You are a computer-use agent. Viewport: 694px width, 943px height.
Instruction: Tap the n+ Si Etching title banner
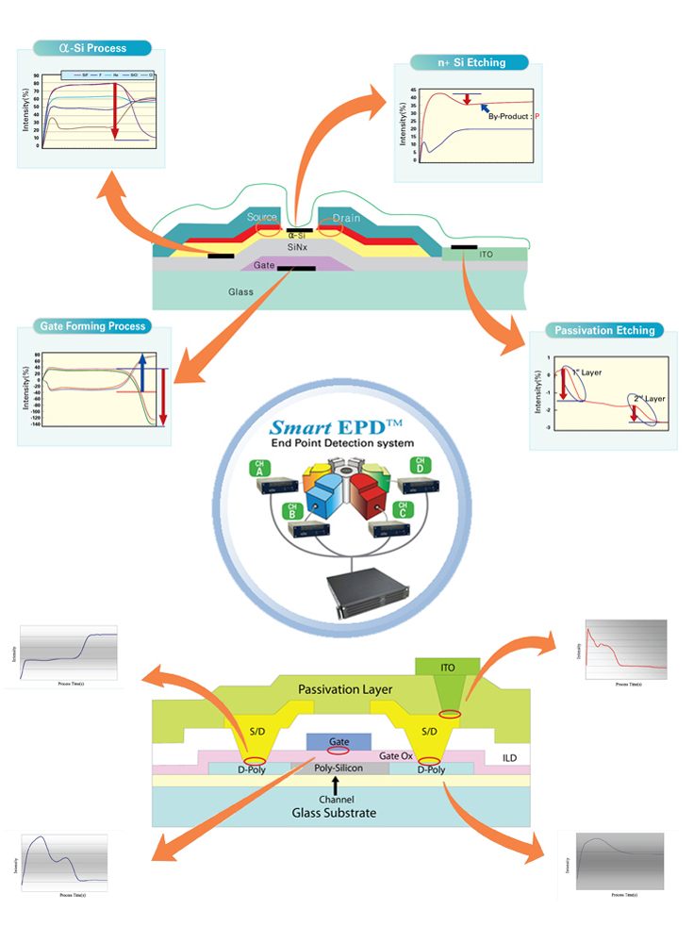[x=470, y=63]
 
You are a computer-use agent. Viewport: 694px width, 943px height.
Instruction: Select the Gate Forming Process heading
[x=92, y=326]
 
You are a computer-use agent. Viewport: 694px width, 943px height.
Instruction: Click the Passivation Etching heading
[x=604, y=331]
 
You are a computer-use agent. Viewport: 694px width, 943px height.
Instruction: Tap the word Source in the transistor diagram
[x=262, y=218]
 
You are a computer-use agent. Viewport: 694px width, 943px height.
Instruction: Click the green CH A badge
[x=258, y=469]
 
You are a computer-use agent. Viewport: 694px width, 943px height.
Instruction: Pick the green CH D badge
[x=418, y=467]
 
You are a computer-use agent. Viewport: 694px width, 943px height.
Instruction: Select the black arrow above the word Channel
[x=336, y=784]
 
